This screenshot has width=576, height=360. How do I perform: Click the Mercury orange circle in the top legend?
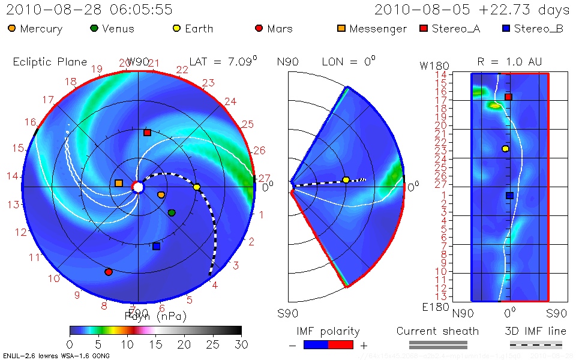point(12,28)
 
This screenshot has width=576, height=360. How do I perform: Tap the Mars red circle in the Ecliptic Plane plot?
point(109,272)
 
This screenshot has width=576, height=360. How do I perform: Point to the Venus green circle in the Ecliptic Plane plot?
point(172,213)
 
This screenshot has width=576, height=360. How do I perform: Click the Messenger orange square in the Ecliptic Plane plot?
point(119,183)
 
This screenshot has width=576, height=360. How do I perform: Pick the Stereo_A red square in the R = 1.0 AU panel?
point(508,97)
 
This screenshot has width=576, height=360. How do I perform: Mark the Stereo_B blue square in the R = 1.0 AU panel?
point(509,195)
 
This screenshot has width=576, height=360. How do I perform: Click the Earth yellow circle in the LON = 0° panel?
point(346,180)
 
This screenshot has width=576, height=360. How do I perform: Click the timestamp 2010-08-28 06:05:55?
point(90,10)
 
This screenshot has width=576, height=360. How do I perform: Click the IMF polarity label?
point(328,331)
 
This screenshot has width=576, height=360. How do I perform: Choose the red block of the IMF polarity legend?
point(341,344)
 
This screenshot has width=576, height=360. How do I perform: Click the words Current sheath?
point(438,331)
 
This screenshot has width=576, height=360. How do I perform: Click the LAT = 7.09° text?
point(223,61)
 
